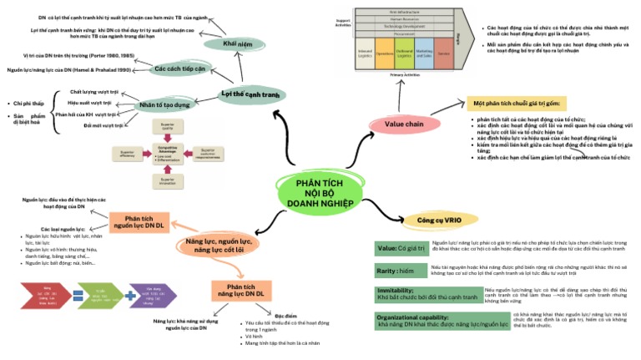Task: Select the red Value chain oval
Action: pos(403,124)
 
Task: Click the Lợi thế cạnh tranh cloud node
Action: pos(248,95)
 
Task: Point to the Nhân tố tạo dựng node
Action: pos(164,105)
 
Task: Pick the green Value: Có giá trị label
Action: pos(401,248)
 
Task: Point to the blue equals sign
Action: pos(78,295)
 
